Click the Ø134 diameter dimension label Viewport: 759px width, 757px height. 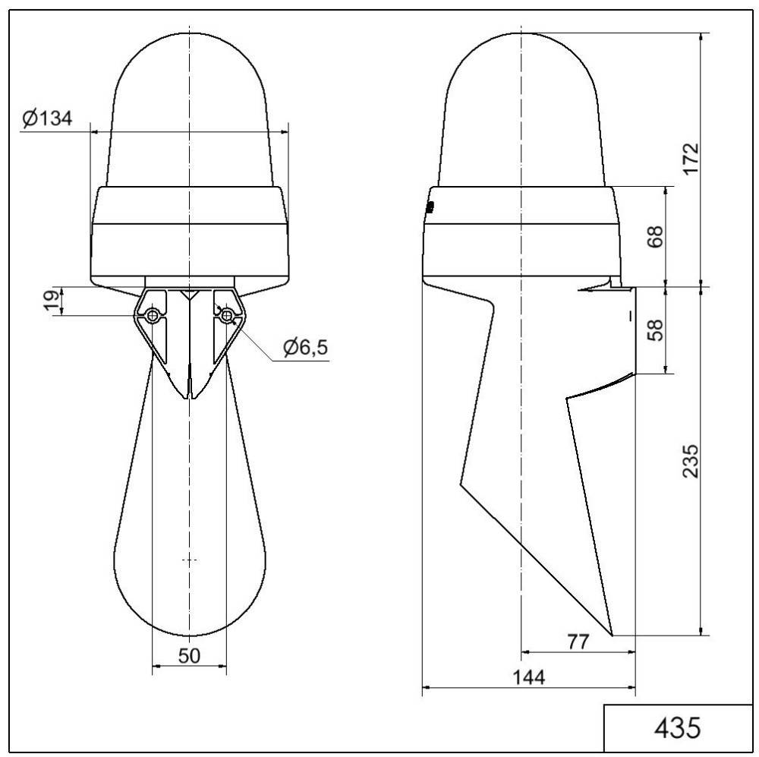47,119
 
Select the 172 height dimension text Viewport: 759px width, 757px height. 690,159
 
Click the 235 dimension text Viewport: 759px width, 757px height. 690,460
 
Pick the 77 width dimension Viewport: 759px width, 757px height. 578,642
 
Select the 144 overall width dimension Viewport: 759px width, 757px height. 528,677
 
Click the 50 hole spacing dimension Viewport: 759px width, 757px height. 189,657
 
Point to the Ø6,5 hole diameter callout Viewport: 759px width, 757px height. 306,348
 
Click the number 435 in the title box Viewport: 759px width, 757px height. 677,727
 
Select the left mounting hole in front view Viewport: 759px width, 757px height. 153,316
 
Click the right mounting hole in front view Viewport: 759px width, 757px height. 225,316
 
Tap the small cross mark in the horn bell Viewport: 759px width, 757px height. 190,560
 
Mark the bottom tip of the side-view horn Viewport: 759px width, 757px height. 612,634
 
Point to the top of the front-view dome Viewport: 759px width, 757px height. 190,31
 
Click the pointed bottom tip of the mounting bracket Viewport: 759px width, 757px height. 190,398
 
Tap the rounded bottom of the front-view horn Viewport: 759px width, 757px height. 190,635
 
